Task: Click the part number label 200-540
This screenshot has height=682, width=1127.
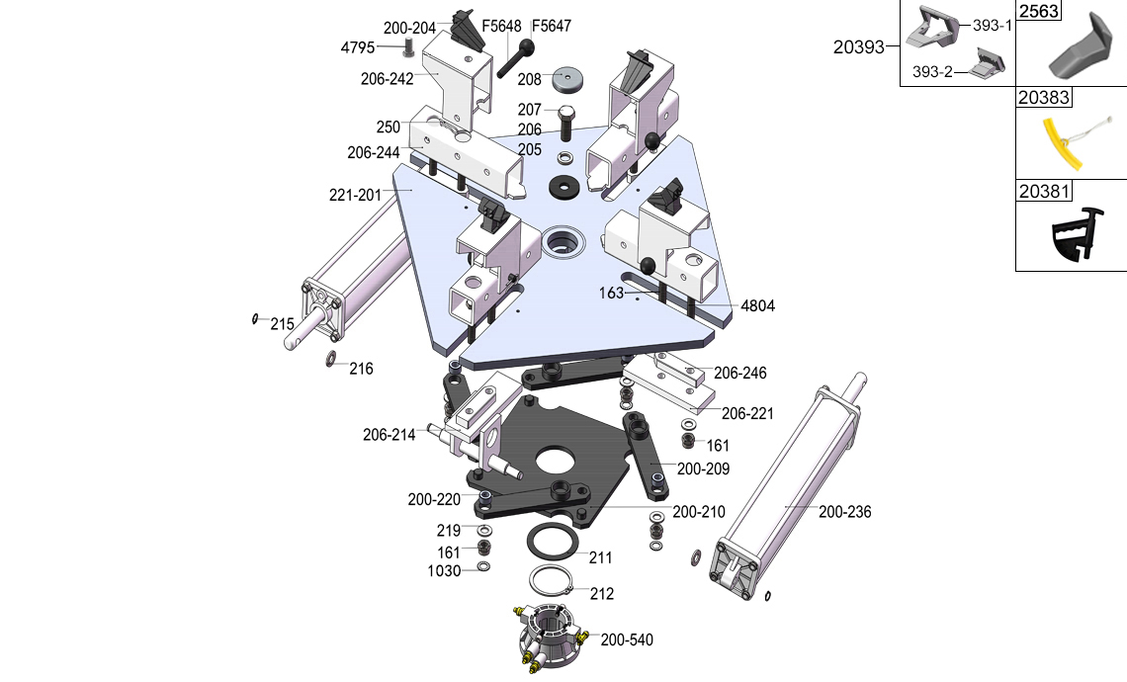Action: tap(627, 639)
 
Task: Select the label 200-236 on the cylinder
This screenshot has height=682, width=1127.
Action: tap(844, 512)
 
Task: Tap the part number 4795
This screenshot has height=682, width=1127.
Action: tap(358, 47)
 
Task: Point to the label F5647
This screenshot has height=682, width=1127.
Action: tap(552, 26)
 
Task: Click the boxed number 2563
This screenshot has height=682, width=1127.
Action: tap(1039, 12)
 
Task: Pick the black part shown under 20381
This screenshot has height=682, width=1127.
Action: tap(1073, 237)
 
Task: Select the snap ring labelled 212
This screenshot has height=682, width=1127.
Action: tap(553, 580)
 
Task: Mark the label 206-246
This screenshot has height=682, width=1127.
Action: tap(740, 374)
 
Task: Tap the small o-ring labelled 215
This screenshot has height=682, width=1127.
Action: tap(255, 318)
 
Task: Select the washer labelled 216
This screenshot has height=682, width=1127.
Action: tap(331, 357)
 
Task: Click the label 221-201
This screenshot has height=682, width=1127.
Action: tap(355, 195)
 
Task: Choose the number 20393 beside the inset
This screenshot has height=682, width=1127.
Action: tap(858, 45)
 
